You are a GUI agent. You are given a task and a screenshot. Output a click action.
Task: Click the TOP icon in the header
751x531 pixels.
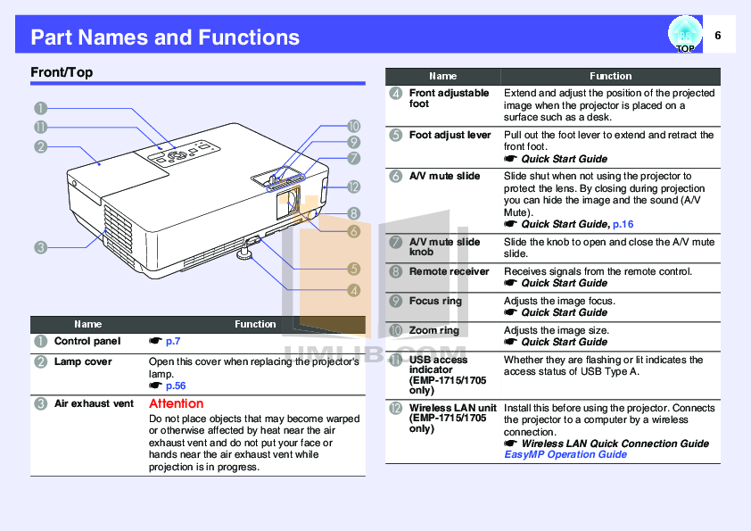pyautogui.click(x=684, y=36)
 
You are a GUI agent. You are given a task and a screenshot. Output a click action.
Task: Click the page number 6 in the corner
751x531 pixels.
pyautogui.click(x=718, y=35)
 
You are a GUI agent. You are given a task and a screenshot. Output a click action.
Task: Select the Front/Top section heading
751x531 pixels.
pyautogui.click(x=62, y=72)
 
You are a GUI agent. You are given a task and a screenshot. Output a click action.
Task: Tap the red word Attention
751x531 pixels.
pyautogui.click(x=176, y=403)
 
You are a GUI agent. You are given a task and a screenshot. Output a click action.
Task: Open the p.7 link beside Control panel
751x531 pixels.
pyautogui.click(x=173, y=341)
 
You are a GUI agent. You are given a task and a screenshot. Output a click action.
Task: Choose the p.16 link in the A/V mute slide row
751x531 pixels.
pyautogui.click(x=623, y=224)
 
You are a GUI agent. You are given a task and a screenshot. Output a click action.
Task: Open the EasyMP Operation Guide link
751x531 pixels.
pyautogui.click(x=565, y=454)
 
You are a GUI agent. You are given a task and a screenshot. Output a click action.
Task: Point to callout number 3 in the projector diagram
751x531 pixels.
pyautogui.click(x=41, y=247)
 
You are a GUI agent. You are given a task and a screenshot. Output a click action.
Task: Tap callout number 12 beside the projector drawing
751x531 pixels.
pyautogui.click(x=354, y=187)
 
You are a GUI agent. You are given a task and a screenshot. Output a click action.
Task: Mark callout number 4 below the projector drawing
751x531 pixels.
pyautogui.click(x=354, y=289)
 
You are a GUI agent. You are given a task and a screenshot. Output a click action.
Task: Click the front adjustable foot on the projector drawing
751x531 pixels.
pyautogui.click(x=243, y=256)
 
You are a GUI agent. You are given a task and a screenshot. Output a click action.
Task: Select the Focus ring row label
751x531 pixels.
pyautogui.click(x=435, y=301)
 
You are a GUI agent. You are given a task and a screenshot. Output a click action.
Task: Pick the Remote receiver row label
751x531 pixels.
pyautogui.click(x=449, y=271)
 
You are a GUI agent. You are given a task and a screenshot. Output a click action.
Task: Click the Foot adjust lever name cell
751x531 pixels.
pyautogui.click(x=450, y=135)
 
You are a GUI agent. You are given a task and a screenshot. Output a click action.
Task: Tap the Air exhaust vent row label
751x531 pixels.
pyautogui.click(x=94, y=403)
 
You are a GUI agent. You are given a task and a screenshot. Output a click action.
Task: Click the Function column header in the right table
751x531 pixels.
pyautogui.click(x=610, y=77)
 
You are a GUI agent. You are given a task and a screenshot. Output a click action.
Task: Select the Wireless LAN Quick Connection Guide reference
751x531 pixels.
pyautogui.click(x=615, y=444)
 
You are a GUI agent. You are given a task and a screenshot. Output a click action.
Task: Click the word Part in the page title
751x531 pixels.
pyautogui.click(x=52, y=37)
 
